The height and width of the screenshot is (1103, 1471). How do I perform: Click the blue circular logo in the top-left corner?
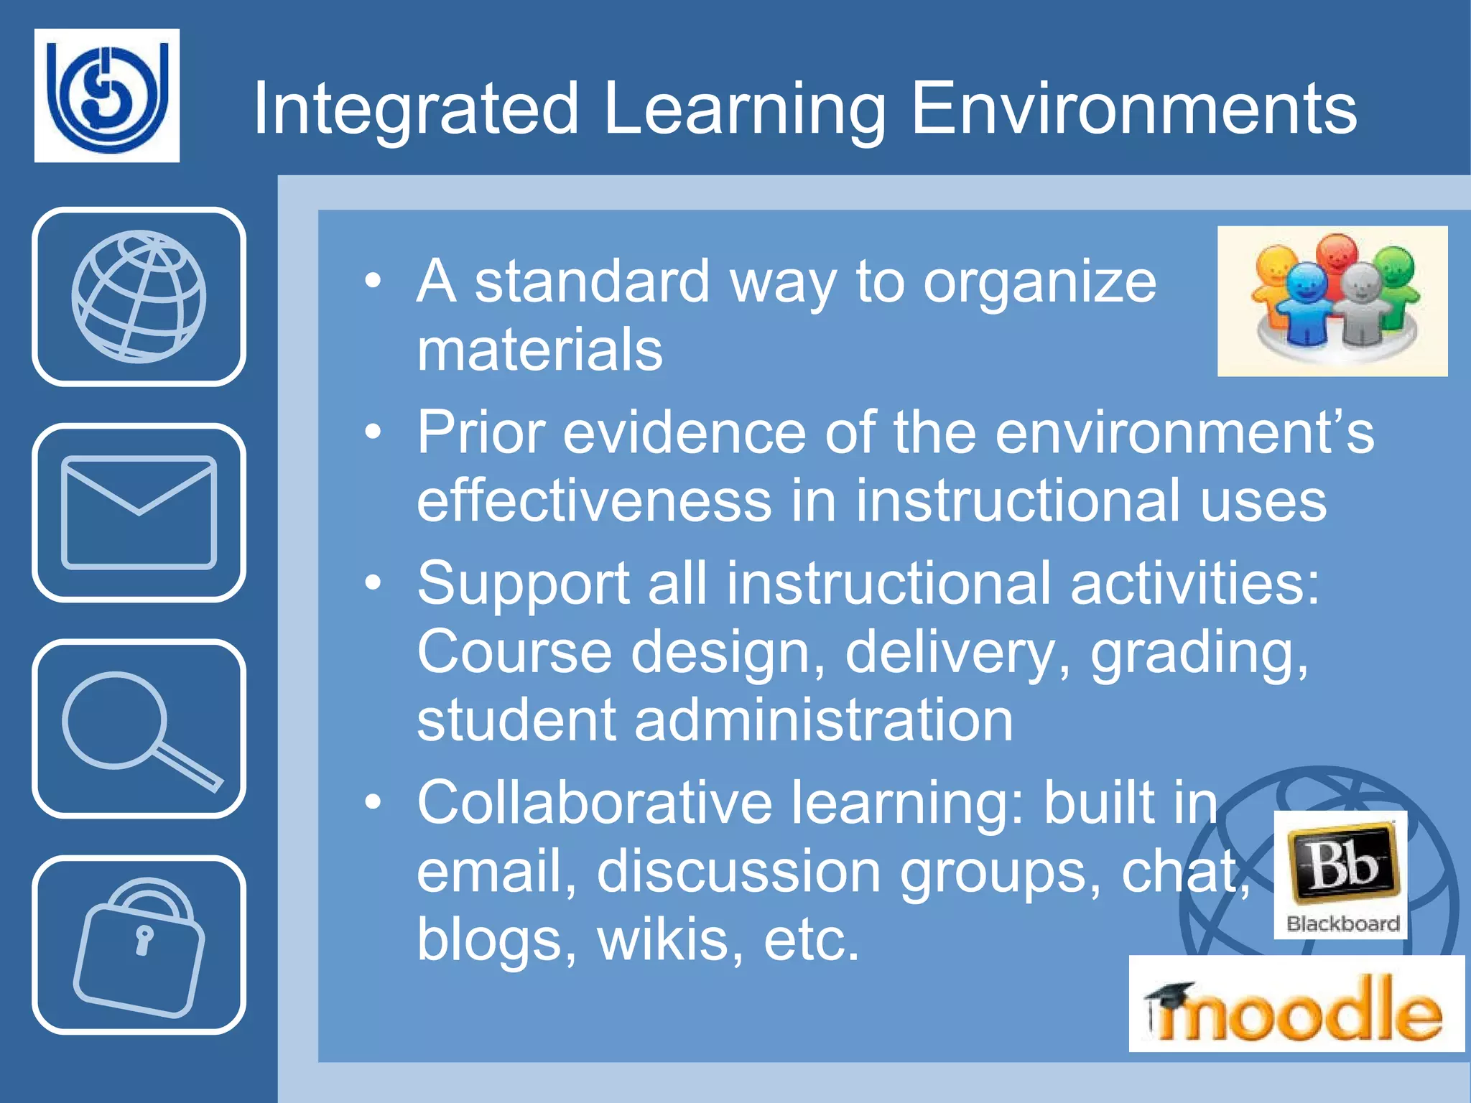(107, 95)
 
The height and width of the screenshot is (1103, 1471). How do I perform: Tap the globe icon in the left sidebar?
(139, 297)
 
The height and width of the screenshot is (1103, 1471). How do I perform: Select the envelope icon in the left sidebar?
(139, 512)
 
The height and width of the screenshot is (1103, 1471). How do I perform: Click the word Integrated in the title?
(416, 109)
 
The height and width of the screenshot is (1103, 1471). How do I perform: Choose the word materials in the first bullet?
(539, 350)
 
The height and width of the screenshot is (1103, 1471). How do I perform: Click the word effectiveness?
(594, 501)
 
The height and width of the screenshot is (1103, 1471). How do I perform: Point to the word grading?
(1199, 653)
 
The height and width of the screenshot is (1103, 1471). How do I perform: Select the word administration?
(823, 720)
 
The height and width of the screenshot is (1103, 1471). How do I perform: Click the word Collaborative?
(595, 803)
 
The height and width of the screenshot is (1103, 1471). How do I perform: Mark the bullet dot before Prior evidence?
(372, 433)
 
